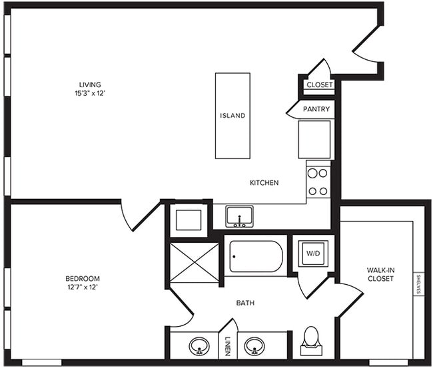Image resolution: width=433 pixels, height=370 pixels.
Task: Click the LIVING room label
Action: coord(90,85)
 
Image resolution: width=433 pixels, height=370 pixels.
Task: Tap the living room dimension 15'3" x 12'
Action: coord(90,93)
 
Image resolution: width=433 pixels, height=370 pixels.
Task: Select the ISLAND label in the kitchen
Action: coord(232,116)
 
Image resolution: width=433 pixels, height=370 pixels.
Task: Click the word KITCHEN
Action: coord(264,183)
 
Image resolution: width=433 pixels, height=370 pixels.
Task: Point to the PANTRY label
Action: coord(316,108)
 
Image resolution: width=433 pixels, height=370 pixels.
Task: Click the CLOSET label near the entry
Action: coord(319,85)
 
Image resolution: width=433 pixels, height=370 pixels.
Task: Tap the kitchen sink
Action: coord(238,216)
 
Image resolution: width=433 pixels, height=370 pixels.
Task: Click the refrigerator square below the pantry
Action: coord(314,139)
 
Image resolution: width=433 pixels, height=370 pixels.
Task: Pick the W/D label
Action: coord(312,253)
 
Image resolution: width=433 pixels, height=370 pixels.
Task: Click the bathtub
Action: coord(256,257)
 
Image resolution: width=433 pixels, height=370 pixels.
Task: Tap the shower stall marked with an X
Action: coord(195,263)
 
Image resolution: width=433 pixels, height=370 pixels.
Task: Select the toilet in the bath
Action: coord(311,339)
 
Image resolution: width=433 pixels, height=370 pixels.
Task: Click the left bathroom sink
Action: coord(198,346)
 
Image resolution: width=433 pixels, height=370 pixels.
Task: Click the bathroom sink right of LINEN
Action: coord(254,346)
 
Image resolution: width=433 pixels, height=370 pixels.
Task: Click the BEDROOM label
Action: coord(83,278)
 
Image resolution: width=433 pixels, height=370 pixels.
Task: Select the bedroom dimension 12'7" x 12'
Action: coord(83,287)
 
